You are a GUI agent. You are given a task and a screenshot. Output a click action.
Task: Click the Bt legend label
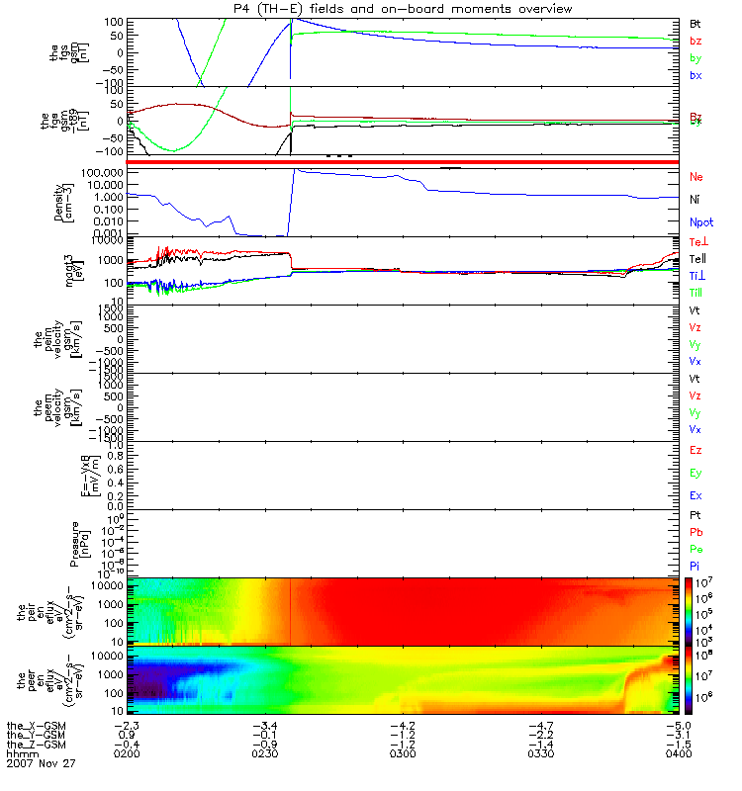(696, 23)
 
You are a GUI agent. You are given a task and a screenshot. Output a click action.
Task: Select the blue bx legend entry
(696, 76)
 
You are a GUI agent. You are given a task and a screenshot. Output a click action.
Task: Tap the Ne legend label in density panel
(696, 177)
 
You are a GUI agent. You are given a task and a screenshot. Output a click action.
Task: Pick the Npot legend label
(700, 223)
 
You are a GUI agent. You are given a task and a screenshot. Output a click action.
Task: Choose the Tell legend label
(697, 259)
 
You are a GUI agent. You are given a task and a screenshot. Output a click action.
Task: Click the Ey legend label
(696, 473)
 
